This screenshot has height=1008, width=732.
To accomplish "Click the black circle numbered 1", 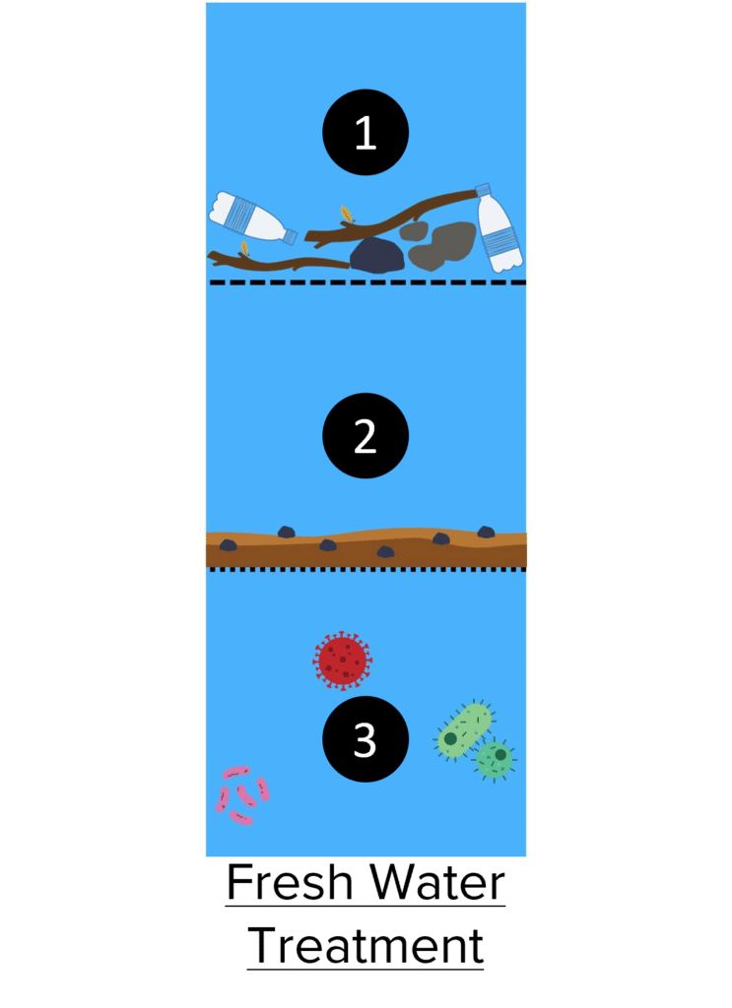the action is click(366, 133).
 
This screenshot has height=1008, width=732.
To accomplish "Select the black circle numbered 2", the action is click(366, 436).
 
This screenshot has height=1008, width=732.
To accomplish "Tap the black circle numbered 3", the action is click(366, 739).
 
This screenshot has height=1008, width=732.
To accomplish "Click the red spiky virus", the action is click(342, 661).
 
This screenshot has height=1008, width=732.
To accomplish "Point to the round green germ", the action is click(495, 759).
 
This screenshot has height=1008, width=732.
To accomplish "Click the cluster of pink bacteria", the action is click(241, 795).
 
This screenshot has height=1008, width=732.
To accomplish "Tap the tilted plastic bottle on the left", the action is click(252, 219).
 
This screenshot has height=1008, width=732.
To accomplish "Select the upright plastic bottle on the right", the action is click(499, 228).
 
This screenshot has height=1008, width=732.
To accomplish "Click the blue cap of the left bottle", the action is click(291, 236).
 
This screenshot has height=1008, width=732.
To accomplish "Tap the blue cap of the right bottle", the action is click(483, 190).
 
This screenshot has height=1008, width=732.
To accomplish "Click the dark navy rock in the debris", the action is click(377, 256).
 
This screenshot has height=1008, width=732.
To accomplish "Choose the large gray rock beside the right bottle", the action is click(444, 245).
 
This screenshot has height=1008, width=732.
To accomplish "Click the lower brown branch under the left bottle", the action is click(278, 262).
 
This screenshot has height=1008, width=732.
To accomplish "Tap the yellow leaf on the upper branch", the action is click(346, 214).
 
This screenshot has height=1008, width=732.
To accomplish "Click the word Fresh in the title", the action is click(290, 882).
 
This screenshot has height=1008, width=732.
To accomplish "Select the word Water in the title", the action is click(438, 882).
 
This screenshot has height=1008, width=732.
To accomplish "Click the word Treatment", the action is click(366, 945).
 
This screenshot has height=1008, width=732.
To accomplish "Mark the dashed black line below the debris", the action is click(367, 283).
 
